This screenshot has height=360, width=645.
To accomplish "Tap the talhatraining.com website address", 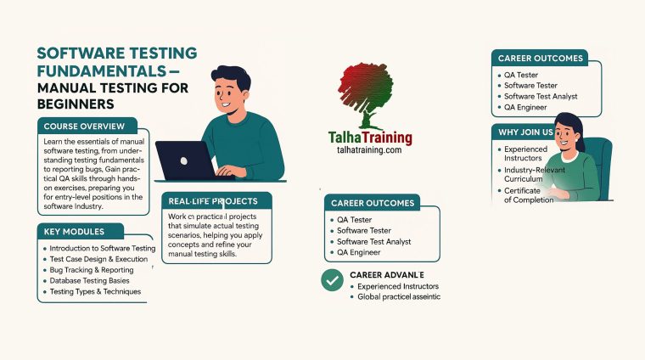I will (369, 149).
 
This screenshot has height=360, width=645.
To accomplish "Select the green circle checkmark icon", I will (332, 279).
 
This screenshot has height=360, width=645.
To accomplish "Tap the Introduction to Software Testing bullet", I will (103, 248).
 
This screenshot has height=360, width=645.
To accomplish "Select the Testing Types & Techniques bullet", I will (95, 291).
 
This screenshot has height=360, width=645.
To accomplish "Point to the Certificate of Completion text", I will (529, 195).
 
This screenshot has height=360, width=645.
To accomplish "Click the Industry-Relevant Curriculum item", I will (531, 175).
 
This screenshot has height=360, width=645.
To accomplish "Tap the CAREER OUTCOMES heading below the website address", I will (373, 203).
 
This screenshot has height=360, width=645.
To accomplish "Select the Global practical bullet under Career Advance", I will (399, 296).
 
